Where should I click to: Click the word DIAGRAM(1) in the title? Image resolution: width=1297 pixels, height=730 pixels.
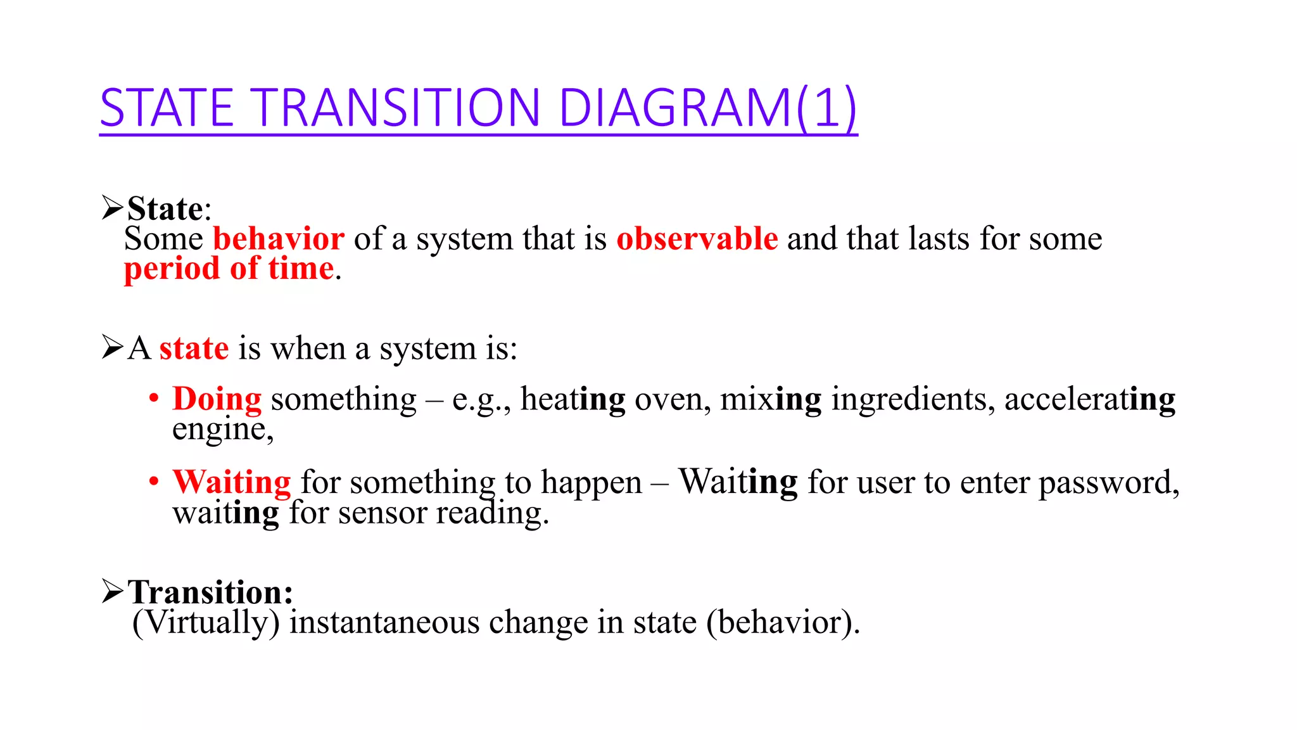click(x=707, y=108)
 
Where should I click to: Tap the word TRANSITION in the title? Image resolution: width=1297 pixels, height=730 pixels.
click(x=398, y=108)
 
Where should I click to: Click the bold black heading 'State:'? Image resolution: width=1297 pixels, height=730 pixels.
click(x=168, y=208)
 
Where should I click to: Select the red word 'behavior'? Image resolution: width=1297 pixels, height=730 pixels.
click(x=279, y=239)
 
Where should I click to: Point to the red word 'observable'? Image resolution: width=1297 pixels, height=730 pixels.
click(x=697, y=239)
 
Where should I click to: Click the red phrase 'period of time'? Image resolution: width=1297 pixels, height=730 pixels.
click(x=229, y=269)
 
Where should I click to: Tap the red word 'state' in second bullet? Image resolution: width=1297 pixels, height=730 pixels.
click(x=194, y=349)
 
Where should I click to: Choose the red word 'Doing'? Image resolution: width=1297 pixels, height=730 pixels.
click(x=217, y=400)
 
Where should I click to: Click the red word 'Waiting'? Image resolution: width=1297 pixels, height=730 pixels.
click(x=232, y=482)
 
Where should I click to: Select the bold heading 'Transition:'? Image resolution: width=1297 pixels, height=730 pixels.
click(x=210, y=592)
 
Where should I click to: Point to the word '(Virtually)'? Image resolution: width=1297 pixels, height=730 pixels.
click(x=206, y=622)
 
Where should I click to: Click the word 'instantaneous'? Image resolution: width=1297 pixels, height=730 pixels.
click(x=384, y=622)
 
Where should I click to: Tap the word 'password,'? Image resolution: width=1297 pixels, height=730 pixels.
click(x=1109, y=483)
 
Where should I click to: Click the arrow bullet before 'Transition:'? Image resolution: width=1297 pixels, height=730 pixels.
click(x=112, y=592)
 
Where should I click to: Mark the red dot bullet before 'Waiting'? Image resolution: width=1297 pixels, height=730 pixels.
click(x=154, y=482)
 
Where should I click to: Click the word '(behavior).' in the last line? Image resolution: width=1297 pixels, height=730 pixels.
click(x=783, y=622)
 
